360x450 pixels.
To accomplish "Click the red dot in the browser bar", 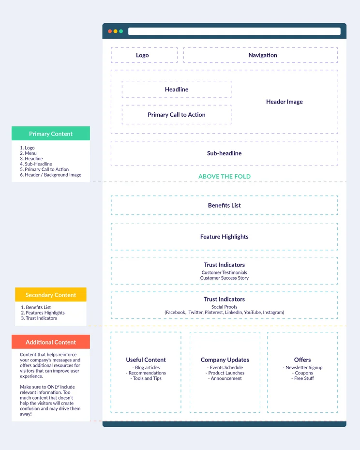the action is coord(110,31).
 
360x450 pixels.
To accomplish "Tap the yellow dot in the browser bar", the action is coord(116,31).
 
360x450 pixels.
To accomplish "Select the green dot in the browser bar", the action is coord(121,31).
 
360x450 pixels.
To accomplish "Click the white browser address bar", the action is coord(234,31).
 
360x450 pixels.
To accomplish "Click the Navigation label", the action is coord(263,55).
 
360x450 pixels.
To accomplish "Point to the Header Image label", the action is coord(284,102).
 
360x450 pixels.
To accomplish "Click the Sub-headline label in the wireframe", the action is coord(224,153).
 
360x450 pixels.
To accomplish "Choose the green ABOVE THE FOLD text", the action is coord(225,177).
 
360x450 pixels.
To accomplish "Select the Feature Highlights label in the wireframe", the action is coord(224,237).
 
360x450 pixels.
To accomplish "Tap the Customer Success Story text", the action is coord(224,278).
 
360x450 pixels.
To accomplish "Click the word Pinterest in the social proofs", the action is coord(213,312).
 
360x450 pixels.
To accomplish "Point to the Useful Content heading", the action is coord(146,360).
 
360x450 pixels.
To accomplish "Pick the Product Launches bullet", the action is coord(225,373).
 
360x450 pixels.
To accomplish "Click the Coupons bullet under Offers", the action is coord(302,373).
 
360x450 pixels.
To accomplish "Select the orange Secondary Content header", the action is coord(51,295).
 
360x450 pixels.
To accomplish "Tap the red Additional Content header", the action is coord(51,342).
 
